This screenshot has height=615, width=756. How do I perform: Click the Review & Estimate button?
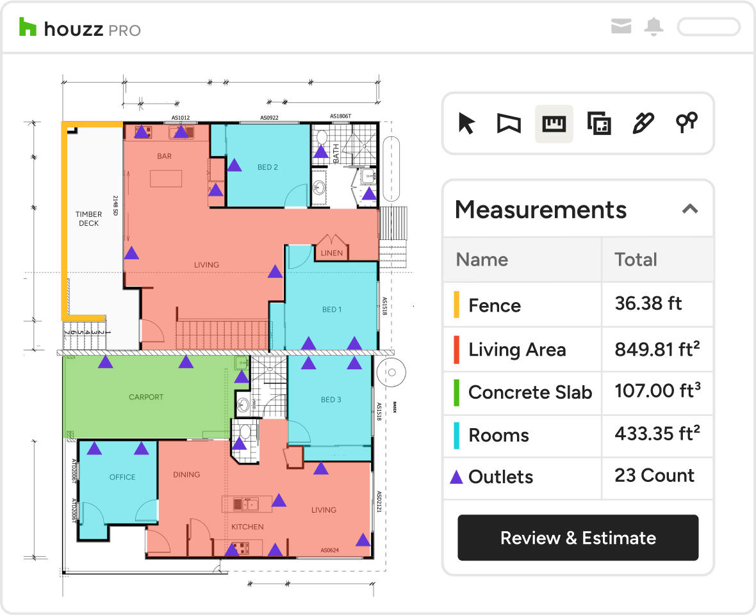pos(578,538)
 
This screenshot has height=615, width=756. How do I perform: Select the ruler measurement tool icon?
pos(554,123)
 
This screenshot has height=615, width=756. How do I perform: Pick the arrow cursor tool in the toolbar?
pos(466,123)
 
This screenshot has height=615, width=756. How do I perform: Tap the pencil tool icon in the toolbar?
pos(643,123)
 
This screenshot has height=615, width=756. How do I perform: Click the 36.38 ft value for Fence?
pos(648,303)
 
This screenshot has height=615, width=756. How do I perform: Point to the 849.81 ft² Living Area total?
pos(657,349)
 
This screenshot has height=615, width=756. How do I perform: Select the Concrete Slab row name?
pos(530,392)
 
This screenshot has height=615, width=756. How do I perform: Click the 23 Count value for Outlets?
pos(654,475)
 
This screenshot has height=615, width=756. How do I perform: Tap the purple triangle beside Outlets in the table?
pos(456,477)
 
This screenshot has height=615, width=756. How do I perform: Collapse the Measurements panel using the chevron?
pos(689,209)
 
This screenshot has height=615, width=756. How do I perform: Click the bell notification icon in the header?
pos(653,27)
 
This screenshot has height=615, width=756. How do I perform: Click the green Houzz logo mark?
pos(28,28)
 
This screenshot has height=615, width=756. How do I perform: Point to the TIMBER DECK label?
pos(88,219)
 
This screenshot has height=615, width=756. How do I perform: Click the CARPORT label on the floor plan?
pos(146,397)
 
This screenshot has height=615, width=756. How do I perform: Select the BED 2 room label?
pos(267,168)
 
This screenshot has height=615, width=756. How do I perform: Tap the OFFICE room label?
pos(122,477)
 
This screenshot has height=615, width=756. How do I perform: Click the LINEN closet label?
pos(331,253)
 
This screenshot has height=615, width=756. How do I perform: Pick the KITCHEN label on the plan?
pos(247,527)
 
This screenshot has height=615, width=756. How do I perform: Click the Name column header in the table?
pos(482,259)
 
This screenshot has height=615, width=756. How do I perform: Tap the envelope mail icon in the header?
pos(621,27)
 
